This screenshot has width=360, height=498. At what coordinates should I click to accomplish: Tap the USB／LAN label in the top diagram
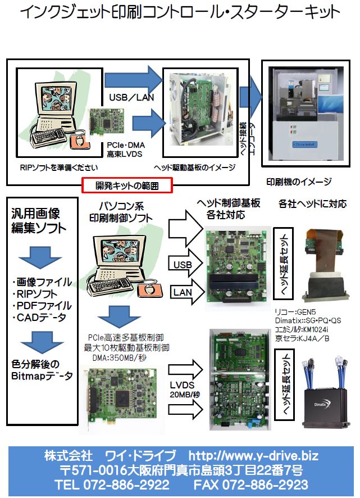(x=131, y=96)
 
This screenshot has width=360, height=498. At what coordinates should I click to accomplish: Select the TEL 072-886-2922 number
(x=112, y=485)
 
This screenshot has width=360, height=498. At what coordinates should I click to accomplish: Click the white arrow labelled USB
(x=185, y=264)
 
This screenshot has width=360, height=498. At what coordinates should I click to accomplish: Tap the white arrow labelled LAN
(x=185, y=291)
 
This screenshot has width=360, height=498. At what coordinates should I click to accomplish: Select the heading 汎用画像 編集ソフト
(x=36, y=221)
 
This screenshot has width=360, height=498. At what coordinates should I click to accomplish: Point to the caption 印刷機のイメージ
(x=299, y=182)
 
